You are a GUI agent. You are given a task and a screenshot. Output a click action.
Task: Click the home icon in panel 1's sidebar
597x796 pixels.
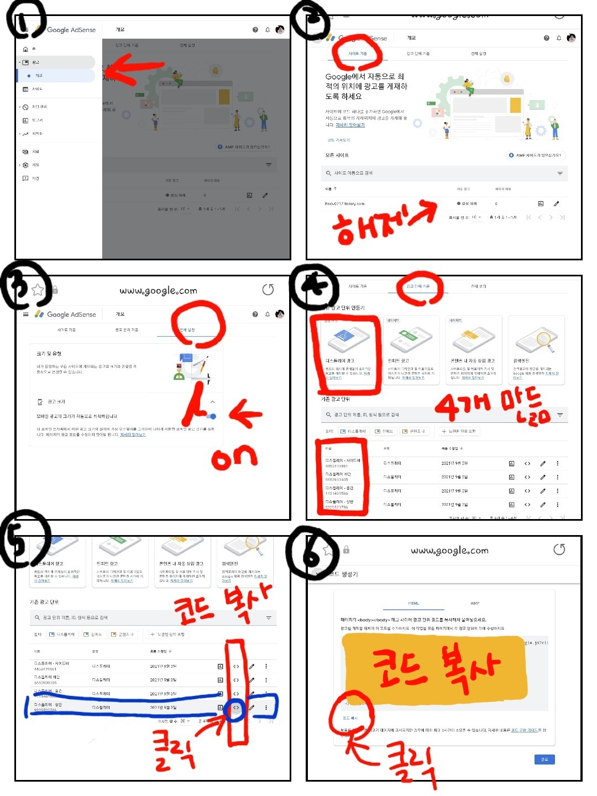click(25, 49)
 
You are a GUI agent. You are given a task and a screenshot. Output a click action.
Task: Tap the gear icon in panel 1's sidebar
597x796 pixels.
click(25, 165)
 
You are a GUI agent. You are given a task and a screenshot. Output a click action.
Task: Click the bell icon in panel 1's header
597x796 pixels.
click(268, 30)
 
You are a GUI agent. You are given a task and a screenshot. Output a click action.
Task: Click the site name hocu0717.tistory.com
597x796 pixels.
click(345, 203)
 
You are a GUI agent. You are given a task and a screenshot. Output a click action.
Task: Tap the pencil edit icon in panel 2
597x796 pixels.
click(556, 203)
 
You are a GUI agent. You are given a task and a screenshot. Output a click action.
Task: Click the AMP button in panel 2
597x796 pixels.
click(535, 155)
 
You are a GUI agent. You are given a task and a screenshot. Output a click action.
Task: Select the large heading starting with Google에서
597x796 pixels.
click(366, 86)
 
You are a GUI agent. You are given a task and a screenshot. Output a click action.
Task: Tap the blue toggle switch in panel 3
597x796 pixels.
click(212, 416)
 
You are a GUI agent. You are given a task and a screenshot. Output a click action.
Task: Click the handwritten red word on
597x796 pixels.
click(234, 457)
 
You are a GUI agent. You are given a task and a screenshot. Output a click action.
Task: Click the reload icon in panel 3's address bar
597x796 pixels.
click(268, 290)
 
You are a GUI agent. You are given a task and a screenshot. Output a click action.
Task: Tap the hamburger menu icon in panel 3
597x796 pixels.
click(25, 314)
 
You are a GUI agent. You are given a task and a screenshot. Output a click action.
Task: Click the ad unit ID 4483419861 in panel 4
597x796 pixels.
click(337, 466)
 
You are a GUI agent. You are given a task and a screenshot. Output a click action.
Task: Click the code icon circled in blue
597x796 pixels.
click(236, 708)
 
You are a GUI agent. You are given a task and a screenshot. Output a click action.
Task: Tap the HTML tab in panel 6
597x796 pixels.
click(413, 603)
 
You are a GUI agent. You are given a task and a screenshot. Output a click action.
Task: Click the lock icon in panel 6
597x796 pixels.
click(346, 549)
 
